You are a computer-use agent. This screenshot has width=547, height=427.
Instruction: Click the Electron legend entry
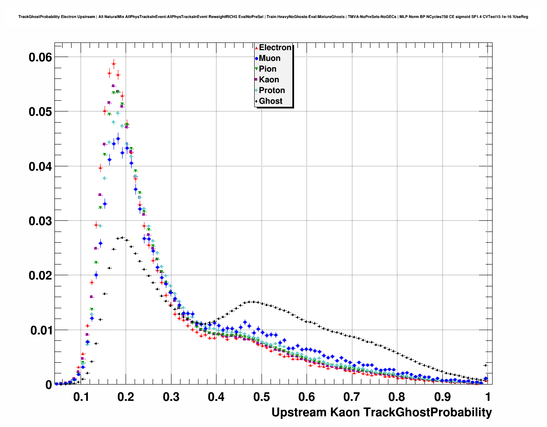point(275,48)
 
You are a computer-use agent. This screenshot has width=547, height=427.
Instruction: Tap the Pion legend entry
point(267,69)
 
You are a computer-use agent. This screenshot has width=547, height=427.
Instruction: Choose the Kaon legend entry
point(269,80)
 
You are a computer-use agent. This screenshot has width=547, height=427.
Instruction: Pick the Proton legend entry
point(272,90)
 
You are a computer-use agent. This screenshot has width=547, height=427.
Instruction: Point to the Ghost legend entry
point(270,101)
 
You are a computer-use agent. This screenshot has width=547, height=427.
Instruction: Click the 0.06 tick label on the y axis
point(40,57)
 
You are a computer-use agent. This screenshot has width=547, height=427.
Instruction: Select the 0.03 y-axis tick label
point(40,221)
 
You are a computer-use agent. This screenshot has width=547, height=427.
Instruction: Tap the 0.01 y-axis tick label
point(40,331)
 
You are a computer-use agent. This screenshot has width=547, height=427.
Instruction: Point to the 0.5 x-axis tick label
point(261,397)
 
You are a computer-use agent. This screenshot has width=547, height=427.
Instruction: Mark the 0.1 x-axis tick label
point(80,397)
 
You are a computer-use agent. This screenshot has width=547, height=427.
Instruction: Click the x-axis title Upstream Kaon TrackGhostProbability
point(382,412)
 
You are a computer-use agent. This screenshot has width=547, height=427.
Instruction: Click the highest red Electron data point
point(114,64)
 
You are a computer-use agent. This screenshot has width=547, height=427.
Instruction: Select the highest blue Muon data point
point(118,138)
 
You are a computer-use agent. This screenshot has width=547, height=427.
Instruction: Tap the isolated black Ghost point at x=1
point(486,365)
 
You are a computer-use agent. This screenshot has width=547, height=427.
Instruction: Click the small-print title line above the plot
point(273,17)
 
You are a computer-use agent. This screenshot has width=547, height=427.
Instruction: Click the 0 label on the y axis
point(48,385)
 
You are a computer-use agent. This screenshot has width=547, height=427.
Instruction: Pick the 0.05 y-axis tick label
point(40,112)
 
